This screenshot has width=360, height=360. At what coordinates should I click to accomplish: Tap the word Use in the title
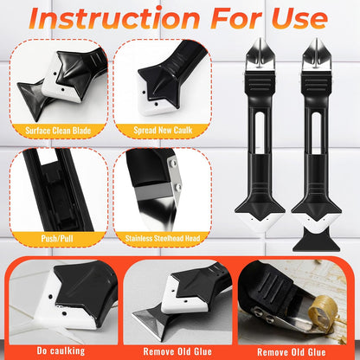[x=299, y=18]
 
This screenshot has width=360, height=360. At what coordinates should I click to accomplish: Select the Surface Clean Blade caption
[x=58, y=131]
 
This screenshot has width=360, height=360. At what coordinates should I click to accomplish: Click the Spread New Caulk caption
[x=163, y=130]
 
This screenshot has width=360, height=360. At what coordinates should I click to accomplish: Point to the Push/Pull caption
[x=57, y=239]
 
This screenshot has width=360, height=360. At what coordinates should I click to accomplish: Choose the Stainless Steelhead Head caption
[x=163, y=239]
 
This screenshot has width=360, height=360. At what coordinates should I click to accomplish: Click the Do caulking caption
[x=61, y=350]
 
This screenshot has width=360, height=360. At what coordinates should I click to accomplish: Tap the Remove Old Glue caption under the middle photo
[x=177, y=351]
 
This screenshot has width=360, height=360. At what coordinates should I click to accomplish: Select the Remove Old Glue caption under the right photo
[x=292, y=352]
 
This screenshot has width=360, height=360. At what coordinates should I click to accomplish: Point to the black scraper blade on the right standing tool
[x=316, y=240]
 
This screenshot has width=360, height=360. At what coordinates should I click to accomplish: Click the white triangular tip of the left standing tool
[x=260, y=224]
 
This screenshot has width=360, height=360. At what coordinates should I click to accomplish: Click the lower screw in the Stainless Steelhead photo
[x=177, y=187]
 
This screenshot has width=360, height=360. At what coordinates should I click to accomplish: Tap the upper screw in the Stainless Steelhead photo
[x=173, y=164]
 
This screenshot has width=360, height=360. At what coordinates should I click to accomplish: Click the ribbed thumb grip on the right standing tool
[x=316, y=83]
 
